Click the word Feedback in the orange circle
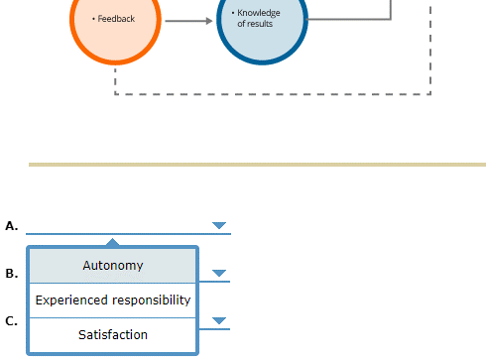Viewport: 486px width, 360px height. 118,19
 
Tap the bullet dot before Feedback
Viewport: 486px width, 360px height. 93,19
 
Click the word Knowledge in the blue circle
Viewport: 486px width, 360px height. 259,13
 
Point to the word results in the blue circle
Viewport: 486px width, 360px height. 259,24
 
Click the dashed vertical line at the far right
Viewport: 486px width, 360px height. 430,50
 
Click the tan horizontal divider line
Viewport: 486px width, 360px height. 257,165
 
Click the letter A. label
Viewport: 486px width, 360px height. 12,226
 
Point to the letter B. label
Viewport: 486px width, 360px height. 12,273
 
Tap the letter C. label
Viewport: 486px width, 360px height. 12,320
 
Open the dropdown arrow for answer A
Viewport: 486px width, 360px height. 219,225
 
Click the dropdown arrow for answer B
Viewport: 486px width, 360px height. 219,273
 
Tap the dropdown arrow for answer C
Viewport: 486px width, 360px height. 219,320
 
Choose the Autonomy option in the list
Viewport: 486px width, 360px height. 112,266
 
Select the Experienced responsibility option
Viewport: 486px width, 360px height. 112,300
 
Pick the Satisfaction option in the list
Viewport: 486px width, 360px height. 112,335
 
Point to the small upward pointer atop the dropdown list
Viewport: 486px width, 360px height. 113,241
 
